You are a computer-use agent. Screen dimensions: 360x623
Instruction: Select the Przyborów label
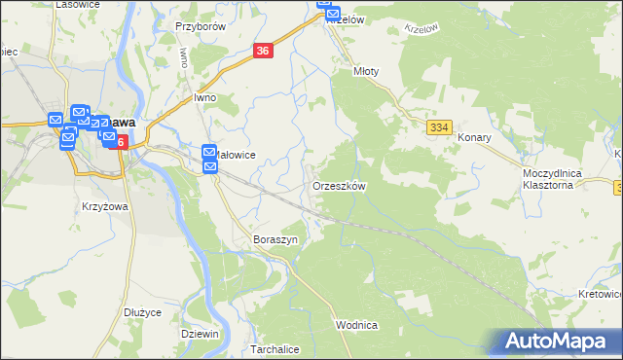click(x=201, y=26)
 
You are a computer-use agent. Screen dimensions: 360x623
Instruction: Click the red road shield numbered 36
click(x=263, y=52)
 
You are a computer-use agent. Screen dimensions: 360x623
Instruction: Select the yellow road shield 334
click(x=439, y=127)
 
